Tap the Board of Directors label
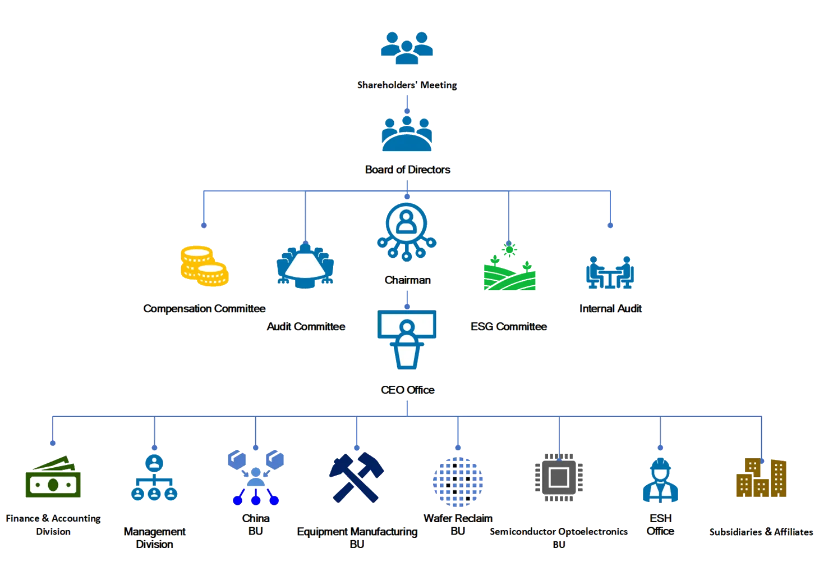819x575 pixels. pyautogui.click(x=408, y=170)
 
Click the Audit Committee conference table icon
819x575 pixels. pyautogui.click(x=305, y=266)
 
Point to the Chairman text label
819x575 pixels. pyautogui.click(x=408, y=280)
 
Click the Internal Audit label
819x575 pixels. pyautogui.click(x=610, y=308)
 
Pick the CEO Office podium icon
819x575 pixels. pyautogui.click(x=407, y=340)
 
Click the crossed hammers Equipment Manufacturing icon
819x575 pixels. pyautogui.click(x=356, y=477)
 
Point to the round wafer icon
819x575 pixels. pyautogui.click(x=458, y=481)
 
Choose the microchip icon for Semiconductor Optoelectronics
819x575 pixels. pyautogui.click(x=559, y=478)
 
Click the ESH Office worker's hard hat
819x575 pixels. pyautogui.click(x=660, y=466)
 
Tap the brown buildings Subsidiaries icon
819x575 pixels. pyautogui.click(x=762, y=478)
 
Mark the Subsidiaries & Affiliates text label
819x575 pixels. pyautogui.click(x=761, y=532)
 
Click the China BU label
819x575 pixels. pyautogui.click(x=256, y=524)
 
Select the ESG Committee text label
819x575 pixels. pyautogui.click(x=509, y=326)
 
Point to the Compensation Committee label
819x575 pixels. pyautogui.click(x=204, y=308)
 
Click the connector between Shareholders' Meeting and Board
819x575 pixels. pyautogui.click(x=407, y=104)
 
